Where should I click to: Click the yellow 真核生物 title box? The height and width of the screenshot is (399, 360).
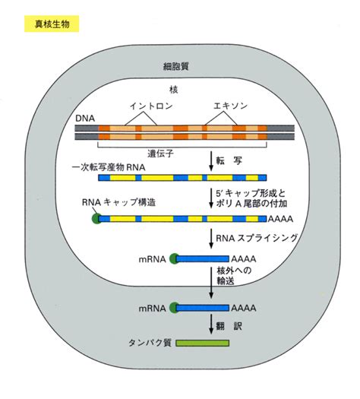(52, 24)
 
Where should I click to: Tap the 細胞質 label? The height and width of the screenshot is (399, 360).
(175, 66)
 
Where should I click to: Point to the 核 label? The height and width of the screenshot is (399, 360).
(174, 90)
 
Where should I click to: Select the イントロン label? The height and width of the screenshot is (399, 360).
(151, 106)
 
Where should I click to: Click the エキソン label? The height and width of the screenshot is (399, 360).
(230, 106)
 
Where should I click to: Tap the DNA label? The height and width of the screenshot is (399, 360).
(85, 119)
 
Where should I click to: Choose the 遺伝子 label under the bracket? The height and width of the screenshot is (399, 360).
(161, 154)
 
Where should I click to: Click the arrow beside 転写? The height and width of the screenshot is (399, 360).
(211, 161)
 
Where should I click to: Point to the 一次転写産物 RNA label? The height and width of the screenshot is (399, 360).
(109, 167)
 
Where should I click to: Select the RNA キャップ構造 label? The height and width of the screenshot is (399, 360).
(118, 202)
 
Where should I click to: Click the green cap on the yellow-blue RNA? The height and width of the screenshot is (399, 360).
(96, 219)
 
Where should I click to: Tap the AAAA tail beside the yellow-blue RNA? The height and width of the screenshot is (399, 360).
(280, 219)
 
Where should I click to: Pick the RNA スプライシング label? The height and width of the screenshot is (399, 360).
(257, 238)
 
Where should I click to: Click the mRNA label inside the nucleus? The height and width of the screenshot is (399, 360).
(153, 259)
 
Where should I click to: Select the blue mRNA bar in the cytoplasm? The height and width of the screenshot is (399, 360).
(202, 308)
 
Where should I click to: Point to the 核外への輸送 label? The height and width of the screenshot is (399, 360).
(234, 276)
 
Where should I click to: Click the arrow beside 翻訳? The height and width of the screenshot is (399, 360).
(211, 325)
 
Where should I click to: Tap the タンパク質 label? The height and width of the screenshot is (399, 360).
(150, 343)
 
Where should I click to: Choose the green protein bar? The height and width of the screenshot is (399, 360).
(202, 343)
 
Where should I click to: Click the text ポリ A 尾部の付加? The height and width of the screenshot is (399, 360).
(251, 204)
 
